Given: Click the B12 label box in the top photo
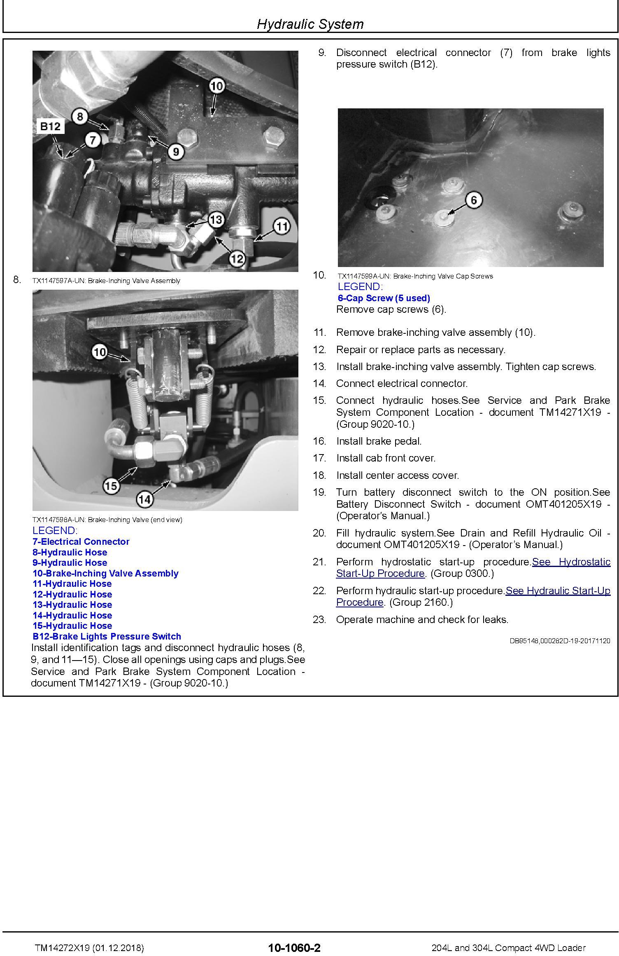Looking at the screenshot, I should click(50, 127).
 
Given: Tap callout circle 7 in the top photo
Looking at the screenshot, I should click(93, 140).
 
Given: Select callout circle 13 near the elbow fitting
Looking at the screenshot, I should click(216, 220).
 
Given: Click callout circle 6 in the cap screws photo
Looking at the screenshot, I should click(474, 200).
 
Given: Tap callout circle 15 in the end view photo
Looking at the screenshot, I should click(110, 486).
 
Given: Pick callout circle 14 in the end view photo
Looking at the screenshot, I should click(144, 499).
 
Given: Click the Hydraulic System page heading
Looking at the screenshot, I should click(310, 24).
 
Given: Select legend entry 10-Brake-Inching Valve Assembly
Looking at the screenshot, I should click(105, 573).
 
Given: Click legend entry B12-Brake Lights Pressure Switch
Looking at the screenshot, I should click(107, 636).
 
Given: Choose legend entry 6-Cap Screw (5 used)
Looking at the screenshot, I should click(384, 298).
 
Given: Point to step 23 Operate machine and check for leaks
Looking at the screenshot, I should click(422, 619).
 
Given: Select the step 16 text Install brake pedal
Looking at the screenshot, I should click(379, 441).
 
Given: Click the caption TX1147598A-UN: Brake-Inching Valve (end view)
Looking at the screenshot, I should click(107, 520).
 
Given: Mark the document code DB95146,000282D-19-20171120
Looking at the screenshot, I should click(560, 641).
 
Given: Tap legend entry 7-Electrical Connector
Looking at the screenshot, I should click(81, 541).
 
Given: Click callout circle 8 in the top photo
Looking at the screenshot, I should click(80, 117).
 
